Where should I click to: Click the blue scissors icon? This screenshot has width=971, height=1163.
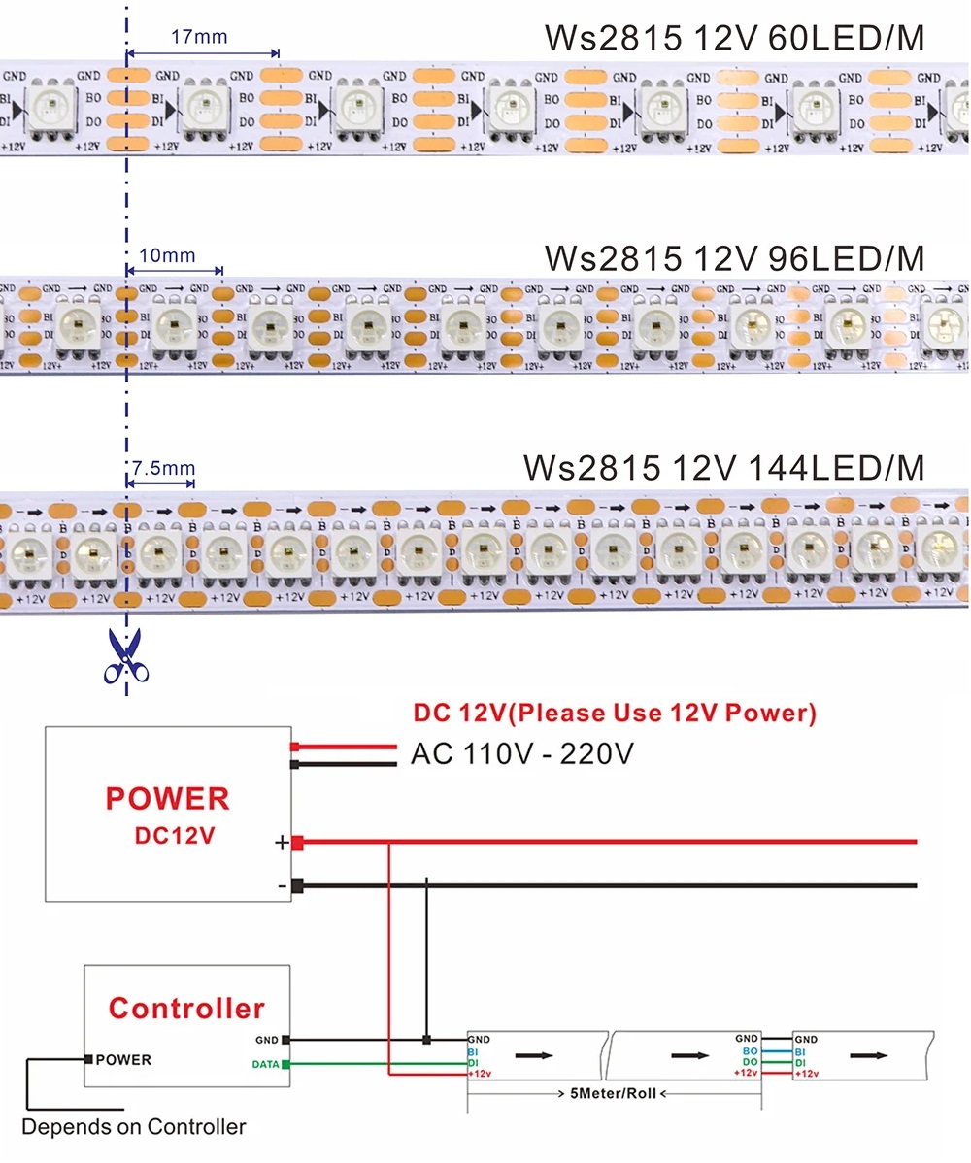(124, 656)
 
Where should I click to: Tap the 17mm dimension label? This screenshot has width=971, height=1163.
(199, 37)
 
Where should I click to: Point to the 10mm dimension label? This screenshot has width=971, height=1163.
(167, 256)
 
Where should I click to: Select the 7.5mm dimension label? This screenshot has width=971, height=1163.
(163, 468)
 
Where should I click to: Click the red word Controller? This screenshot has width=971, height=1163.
(186, 1008)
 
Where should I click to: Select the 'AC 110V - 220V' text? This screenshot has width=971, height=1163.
(522, 752)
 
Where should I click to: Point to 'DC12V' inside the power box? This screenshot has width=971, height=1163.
(173, 835)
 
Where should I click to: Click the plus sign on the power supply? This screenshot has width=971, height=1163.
(282, 843)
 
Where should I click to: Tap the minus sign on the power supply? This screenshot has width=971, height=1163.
(282, 885)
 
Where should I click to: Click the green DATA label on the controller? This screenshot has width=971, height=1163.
(266, 1064)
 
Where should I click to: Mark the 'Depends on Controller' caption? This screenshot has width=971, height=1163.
(134, 1127)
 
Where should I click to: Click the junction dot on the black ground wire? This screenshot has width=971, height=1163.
(427, 1041)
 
